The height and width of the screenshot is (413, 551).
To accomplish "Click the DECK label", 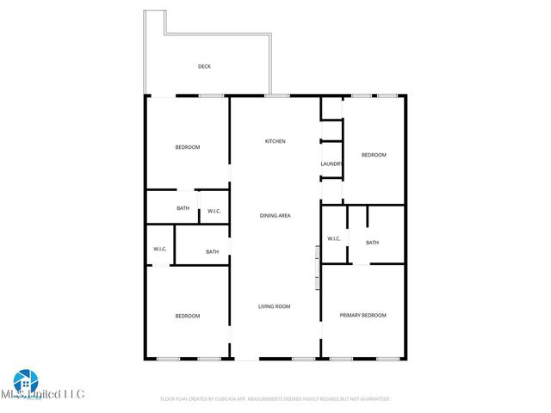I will (204, 66).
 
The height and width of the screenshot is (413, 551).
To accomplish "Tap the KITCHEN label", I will (275, 141).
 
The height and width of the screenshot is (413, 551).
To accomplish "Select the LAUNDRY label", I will (331, 164).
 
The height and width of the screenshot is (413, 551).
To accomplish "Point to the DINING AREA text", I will (275, 215).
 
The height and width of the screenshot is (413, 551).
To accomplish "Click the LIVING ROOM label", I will (275, 306).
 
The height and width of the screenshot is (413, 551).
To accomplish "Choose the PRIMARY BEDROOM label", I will (362, 316).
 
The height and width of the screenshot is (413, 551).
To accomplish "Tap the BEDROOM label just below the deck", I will (188, 147).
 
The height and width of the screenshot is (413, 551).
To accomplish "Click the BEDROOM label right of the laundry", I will (373, 155).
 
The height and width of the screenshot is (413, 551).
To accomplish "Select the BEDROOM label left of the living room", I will (188, 316).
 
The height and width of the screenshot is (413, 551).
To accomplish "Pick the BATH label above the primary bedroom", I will (372, 243).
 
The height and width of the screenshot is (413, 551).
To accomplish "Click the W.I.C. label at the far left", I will (159, 250).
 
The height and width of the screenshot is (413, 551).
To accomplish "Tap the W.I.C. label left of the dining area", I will (214, 211).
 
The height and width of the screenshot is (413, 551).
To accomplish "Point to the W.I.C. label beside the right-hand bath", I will (334, 239).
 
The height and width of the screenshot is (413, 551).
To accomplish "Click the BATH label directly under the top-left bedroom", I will (183, 208).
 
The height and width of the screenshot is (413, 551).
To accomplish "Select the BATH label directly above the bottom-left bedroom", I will (212, 252).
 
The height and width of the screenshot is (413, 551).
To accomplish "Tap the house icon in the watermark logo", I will (23, 381).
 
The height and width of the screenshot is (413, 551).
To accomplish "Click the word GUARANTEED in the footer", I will (372, 399).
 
